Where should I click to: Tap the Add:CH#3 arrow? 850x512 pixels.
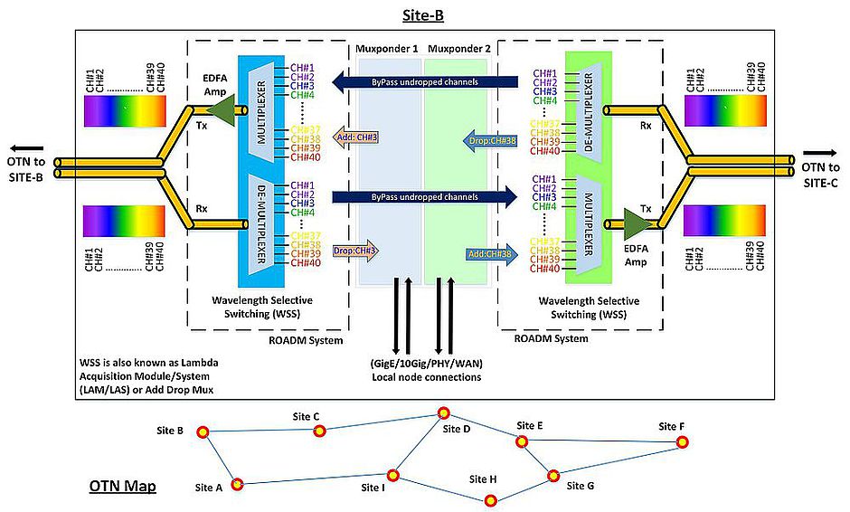(x=354, y=137)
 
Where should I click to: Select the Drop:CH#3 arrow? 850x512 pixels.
(x=355, y=251)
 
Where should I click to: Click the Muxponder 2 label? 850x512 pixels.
(x=458, y=47)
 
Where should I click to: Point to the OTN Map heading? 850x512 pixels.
(x=122, y=487)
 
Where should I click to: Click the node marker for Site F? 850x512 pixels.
(x=684, y=441)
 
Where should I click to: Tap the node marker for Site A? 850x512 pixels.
(x=237, y=484)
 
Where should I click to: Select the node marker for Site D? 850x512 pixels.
(x=444, y=412)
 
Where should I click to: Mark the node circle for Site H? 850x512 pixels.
(x=492, y=499)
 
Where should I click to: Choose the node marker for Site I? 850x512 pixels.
(x=393, y=475)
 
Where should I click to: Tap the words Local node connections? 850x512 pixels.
(x=426, y=376)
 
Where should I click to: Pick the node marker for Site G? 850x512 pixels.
(x=553, y=475)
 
